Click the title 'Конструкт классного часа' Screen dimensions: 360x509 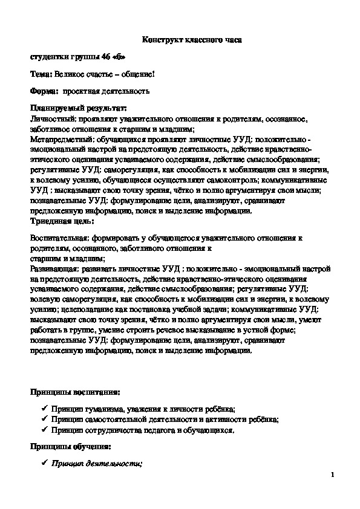pos(191,39)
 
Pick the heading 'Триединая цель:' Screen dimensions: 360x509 pos(58,221)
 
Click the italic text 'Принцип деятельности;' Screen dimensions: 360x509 pos(96,464)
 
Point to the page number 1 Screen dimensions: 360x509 pos(333,475)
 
